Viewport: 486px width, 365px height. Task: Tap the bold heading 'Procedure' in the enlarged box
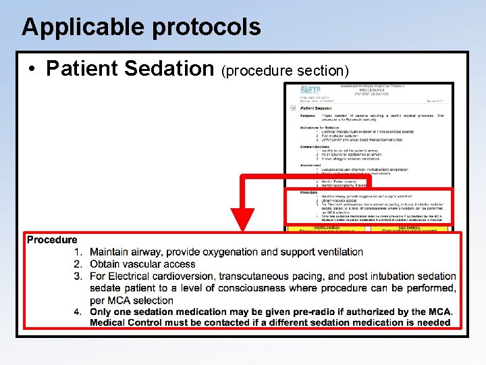[52, 240]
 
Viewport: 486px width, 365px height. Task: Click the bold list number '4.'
[78, 312]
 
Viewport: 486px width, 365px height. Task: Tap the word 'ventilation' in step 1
[338, 252]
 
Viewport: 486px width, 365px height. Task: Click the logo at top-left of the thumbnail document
[311, 90]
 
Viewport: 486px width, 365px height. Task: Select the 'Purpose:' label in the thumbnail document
[310, 116]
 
